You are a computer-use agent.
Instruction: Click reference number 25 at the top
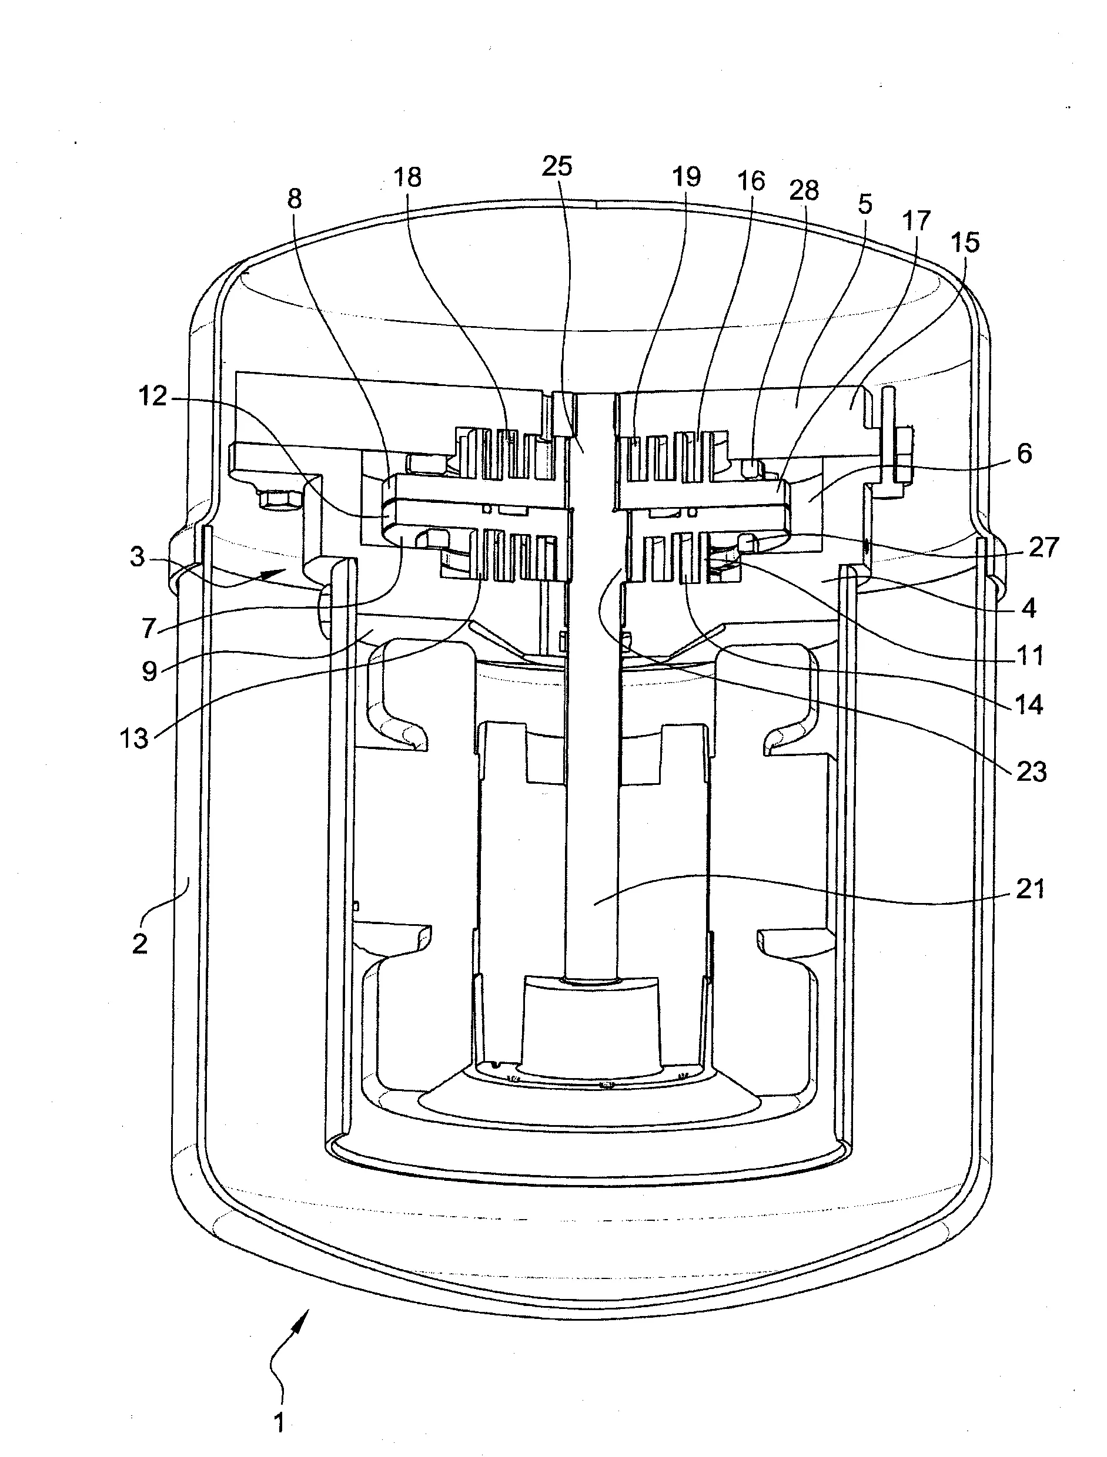pos(557,167)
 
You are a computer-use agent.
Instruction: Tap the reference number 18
pos(407,177)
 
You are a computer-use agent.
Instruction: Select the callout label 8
pos(295,198)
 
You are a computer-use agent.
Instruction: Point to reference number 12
pos(152,397)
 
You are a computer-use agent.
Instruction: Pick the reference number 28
pos(804,190)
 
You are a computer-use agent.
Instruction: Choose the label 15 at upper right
pos(965,243)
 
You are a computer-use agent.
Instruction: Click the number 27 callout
pos(1043,548)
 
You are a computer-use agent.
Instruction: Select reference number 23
pos(1031,771)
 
